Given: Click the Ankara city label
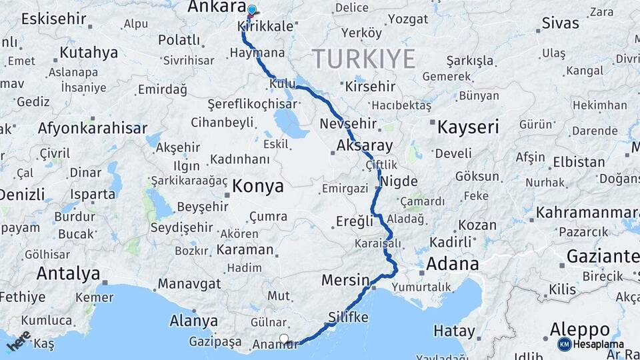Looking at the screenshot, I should [217, 7].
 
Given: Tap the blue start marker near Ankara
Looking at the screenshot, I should [252, 10].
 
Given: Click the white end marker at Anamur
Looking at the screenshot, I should [285, 339].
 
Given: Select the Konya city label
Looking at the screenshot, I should [258, 187].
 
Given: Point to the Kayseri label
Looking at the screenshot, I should [467, 127].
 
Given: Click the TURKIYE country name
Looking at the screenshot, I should [364, 59].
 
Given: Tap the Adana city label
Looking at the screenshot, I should [452, 264].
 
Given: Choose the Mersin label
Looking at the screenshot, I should [345, 280].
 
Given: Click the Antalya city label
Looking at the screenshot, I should [68, 273].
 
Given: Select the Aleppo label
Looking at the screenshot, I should [581, 330].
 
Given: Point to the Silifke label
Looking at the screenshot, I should [348, 317].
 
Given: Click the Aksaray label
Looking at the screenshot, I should [365, 145].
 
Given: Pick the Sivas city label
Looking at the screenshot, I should [560, 23].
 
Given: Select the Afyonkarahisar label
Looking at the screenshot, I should [93, 128].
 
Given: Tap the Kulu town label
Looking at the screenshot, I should [283, 84].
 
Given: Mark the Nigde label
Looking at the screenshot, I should [399, 181].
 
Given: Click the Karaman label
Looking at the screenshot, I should [245, 250].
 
